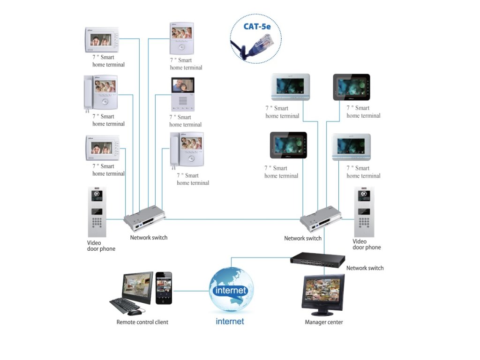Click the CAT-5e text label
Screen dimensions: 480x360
pyautogui.click(x=257, y=26)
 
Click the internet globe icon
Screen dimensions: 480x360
pyautogui.click(x=231, y=290)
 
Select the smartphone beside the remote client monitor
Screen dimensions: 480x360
pyautogui.click(x=164, y=288)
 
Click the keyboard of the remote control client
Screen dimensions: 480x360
pyautogui.click(x=124, y=306)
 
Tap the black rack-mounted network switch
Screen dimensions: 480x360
pyautogui.click(x=317, y=260)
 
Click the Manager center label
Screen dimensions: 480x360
pyautogui.click(x=323, y=322)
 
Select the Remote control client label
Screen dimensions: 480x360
pyautogui.click(x=142, y=322)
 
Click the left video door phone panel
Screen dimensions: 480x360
pyautogui.click(x=97, y=212)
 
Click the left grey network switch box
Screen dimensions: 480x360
pyautogui.click(x=144, y=218)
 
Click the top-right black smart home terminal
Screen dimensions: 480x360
pyautogui.click(x=352, y=87)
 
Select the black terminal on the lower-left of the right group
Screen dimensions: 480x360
pyautogui.click(x=288, y=145)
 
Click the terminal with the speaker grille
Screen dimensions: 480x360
pyautogui.click(x=183, y=94)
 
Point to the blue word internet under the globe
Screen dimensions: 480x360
pyautogui.click(x=230, y=322)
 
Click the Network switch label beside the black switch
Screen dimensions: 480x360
pyautogui.click(x=365, y=268)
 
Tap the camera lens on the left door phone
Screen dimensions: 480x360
pyautogui.click(x=97, y=194)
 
